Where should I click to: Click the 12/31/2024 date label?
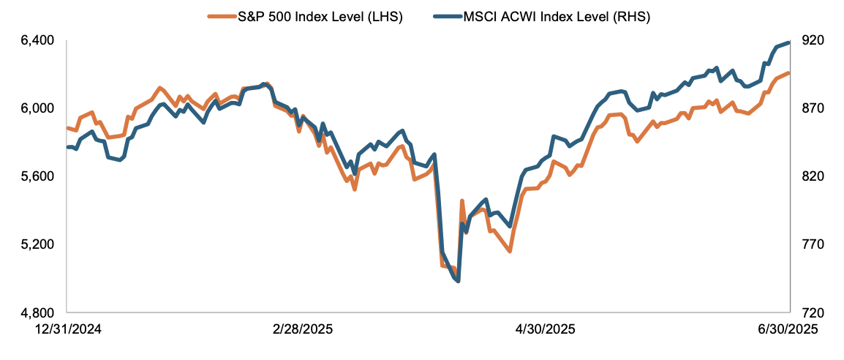[x=68, y=329]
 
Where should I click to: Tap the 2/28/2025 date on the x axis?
[x=302, y=329]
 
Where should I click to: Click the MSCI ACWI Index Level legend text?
[x=557, y=15]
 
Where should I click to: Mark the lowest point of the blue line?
[x=457, y=281]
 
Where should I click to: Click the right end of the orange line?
[x=788, y=72]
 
